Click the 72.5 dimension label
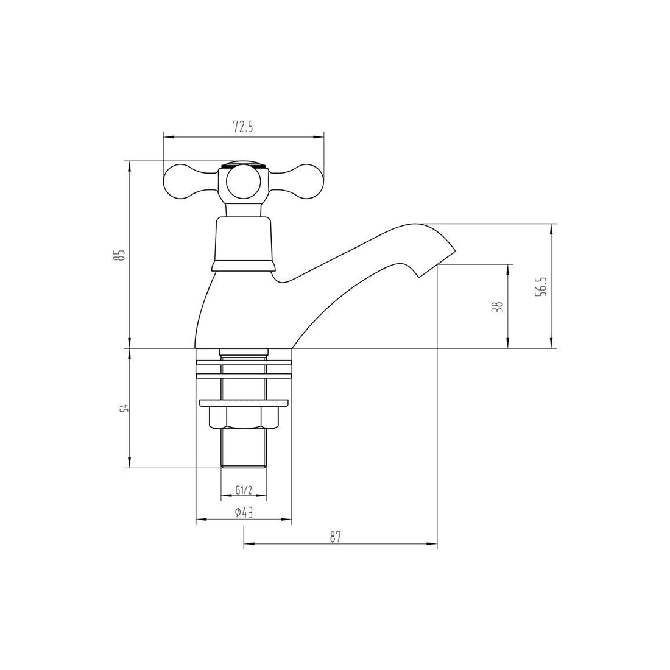pyautogui.click(x=244, y=127)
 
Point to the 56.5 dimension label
pyautogui.click(x=542, y=286)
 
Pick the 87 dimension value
pyautogui.click(x=336, y=537)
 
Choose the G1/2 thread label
pyautogui.click(x=242, y=490)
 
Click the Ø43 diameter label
pyautogui.click(x=244, y=512)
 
